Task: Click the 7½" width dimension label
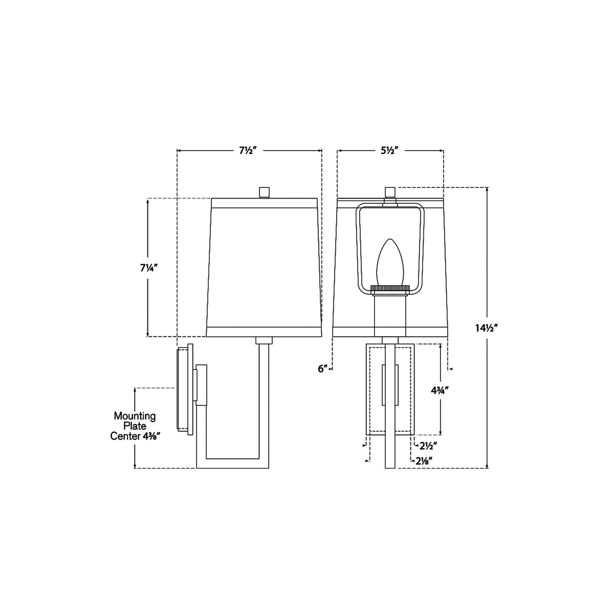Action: pyautogui.click(x=249, y=151)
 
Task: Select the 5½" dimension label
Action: pyautogui.click(x=391, y=151)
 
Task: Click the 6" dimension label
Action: pyautogui.click(x=323, y=369)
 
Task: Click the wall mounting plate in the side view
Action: pyautogui.click(x=185, y=389)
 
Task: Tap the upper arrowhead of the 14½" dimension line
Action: pyautogui.click(x=487, y=189)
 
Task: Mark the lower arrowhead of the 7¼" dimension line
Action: pyautogui.click(x=148, y=334)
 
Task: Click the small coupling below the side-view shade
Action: pyautogui.click(x=264, y=340)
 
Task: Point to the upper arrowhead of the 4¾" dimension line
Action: pyautogui.click(x=441, y=346)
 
